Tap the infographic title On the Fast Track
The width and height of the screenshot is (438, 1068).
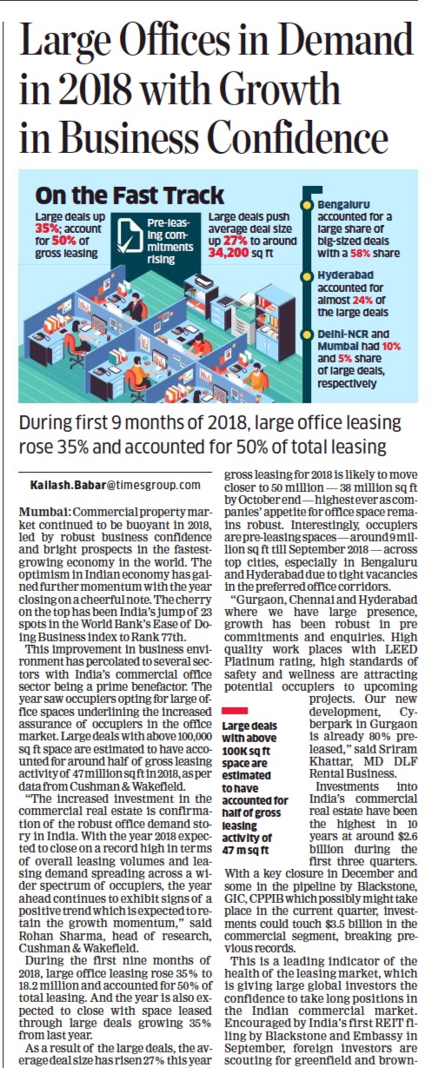(129, 196)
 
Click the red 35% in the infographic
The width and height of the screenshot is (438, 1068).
(44, 229)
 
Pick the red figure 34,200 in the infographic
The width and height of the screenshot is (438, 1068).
(229, 253)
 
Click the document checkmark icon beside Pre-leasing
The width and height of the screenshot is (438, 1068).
(129, 235)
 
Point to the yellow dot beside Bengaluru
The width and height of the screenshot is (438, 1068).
(309, 205)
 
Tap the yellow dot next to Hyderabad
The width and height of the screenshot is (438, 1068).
(309, 275)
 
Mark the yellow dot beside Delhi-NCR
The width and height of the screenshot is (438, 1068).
(309, 334)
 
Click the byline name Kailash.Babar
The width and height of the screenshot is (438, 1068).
(68, 486)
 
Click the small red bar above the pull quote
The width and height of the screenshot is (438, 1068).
(236, 711)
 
